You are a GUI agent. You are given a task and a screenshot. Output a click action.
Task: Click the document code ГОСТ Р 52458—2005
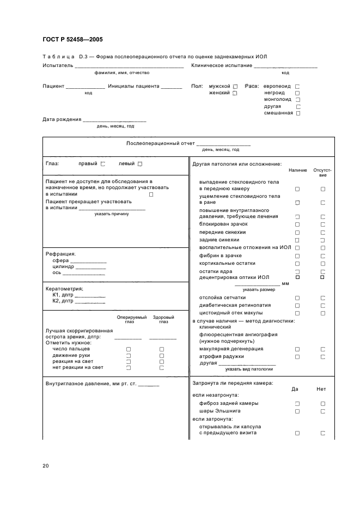tap(72, 39)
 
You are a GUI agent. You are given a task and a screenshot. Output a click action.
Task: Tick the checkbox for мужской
tap(235, 87)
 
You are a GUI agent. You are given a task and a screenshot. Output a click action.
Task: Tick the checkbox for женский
tap(235, 93)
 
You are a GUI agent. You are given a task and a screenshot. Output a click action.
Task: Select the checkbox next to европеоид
tap(297, 87)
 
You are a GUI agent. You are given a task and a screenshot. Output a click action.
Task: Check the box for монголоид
tap(297, 100)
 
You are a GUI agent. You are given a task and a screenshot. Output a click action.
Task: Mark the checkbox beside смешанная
tap(297, 113)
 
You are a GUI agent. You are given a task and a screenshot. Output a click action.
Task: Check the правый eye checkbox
tap(103, 164)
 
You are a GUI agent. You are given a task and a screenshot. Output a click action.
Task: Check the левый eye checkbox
tap(140, 164)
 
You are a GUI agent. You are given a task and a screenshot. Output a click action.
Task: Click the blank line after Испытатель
tap(129, 66)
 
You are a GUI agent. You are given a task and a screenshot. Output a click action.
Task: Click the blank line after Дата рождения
tap(115, 119)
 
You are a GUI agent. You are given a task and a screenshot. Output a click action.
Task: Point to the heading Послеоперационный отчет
tap(160, 143)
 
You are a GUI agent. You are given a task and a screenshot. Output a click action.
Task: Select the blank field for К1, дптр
tap(90, 295)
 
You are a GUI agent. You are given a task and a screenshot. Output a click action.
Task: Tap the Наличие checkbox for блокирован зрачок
tap(297, 224)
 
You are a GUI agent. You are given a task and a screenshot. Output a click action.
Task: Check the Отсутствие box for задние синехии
tap(322, 240)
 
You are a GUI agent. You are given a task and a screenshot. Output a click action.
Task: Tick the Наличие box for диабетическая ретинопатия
tap(297, 306)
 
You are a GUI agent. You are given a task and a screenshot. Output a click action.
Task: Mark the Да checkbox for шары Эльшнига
tap(297, 411)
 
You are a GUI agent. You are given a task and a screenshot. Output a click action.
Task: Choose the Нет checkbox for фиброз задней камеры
tap(322, 404)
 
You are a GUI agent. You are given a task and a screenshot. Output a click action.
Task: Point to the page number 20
tap(45, 466)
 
